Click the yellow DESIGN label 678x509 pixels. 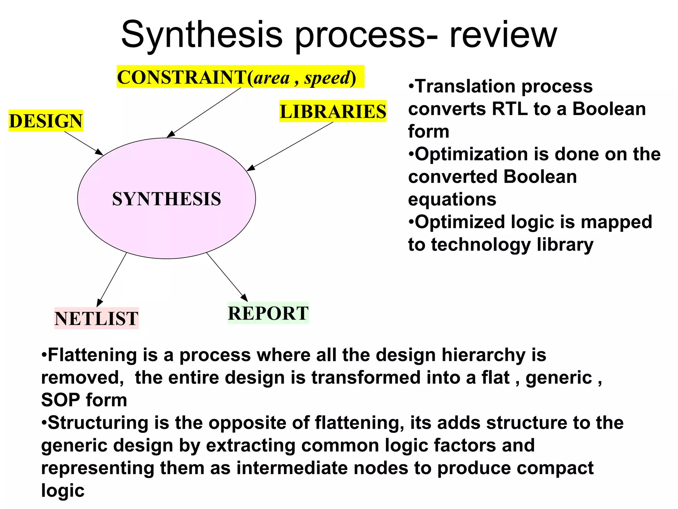coord(46,121)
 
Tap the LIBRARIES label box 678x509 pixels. coord(333,111)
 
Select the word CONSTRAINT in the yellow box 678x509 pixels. coord(181,77)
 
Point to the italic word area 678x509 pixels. coord(271,78)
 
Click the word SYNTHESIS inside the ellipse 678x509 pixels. coord(167,199)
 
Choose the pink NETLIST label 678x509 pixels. coord(96,318)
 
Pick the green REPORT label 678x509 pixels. coord(268,313)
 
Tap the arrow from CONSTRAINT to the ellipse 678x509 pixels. coord(204,113)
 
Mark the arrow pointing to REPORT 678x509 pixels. coord(227,277)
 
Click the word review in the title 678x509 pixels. coord(503,35)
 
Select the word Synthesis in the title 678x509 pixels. coord(202,35)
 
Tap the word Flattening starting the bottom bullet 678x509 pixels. coord(92,355)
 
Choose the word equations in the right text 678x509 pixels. coord(452,199)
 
